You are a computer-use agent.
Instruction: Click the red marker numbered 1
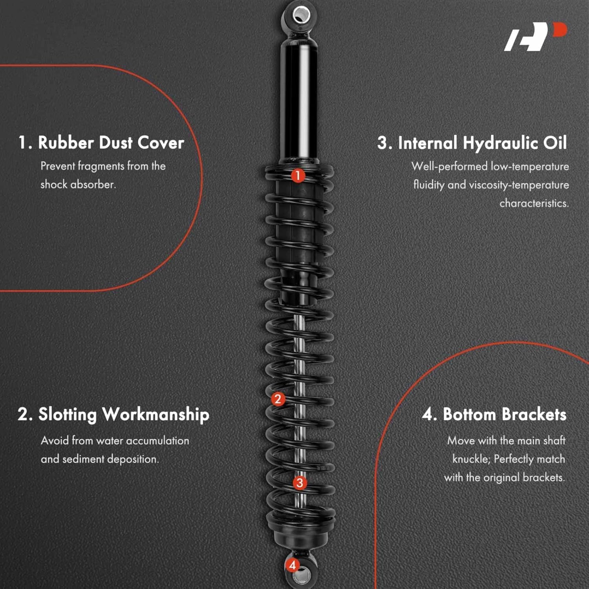tap(298, 175)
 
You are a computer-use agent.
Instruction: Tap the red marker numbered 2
tap(278, 399)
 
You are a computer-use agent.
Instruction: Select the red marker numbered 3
tap(300, 483)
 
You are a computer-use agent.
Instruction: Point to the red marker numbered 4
tap(292, 565)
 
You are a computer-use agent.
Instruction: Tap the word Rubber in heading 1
tap(66, 143)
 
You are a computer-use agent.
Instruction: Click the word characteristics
tap(534, 203)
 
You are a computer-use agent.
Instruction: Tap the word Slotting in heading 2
tap(67, 415)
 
